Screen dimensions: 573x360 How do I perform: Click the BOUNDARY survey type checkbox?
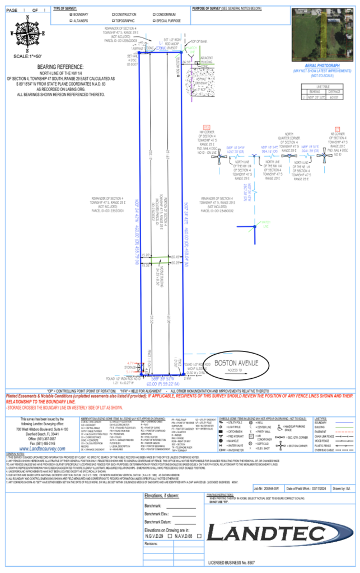pos(71,14)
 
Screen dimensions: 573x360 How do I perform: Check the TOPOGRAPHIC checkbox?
pos(114,20)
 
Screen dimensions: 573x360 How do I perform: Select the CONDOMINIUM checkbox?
pos(152,14)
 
